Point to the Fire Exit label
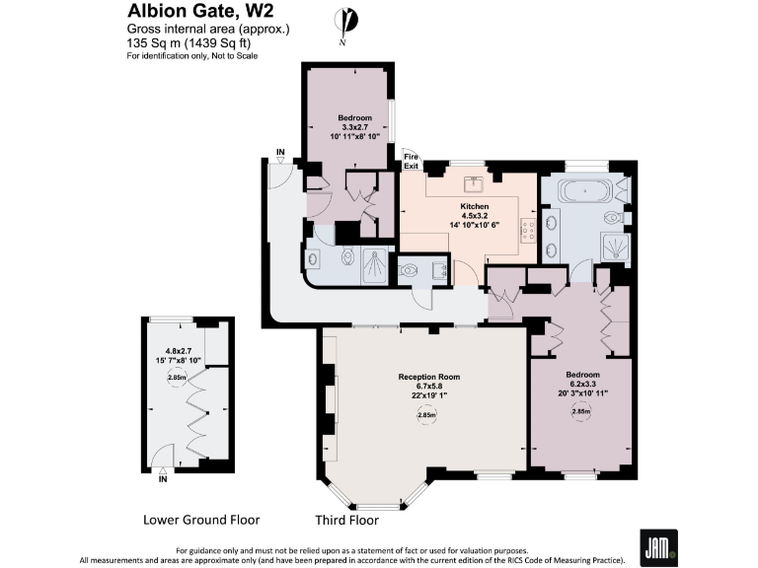[x=411, y=162]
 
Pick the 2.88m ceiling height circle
[x=581, y=413]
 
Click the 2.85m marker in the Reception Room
[x=426, y=415]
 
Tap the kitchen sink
[x=475, y=181]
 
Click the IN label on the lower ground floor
[x=163, y=480]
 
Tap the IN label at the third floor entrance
[x=280, y=153]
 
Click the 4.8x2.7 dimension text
[x=178, y=351]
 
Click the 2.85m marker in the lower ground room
[x=177, y=377]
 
